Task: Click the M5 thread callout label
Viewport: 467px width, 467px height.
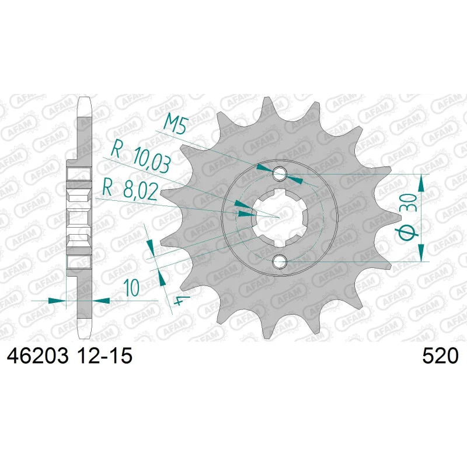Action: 176,124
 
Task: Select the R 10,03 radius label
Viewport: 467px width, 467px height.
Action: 141,158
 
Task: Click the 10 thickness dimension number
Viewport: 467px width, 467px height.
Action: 133,288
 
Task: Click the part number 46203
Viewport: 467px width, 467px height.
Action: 37,356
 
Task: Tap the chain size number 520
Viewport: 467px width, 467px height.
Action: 440,356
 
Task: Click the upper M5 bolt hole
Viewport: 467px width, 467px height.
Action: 280,174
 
